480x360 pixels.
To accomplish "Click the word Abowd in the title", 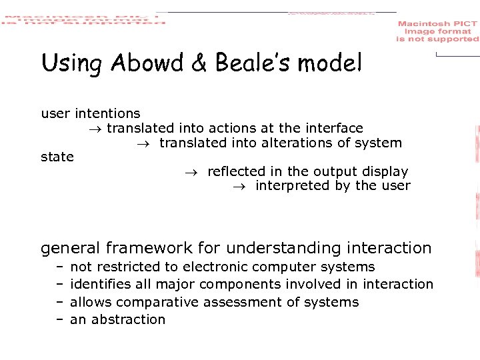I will (x=137, y=64).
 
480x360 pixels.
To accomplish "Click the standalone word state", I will (x=57, y=157).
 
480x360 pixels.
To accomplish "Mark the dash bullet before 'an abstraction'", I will (x=59, y=319).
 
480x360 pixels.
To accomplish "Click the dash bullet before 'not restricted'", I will (x=59, y=267).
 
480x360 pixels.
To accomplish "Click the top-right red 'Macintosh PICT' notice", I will (x=437, y=31).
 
